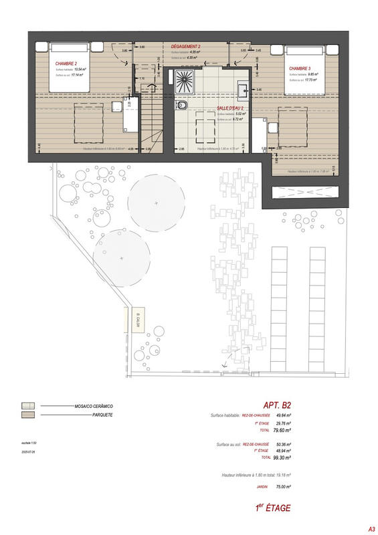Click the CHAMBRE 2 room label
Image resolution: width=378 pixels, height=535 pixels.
[66, 62]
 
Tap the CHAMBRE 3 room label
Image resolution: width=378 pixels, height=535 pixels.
[300, 68]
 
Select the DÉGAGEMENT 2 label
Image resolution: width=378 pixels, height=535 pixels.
[186, 46]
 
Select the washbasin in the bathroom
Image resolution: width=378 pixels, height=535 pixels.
[242, 87]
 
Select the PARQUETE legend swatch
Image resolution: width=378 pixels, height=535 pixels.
[29, 415]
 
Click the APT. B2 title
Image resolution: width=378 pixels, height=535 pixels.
[277, 405]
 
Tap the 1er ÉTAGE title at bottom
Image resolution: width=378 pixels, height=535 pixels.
[272, 508]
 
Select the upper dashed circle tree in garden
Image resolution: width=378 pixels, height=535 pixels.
[156, 202]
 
